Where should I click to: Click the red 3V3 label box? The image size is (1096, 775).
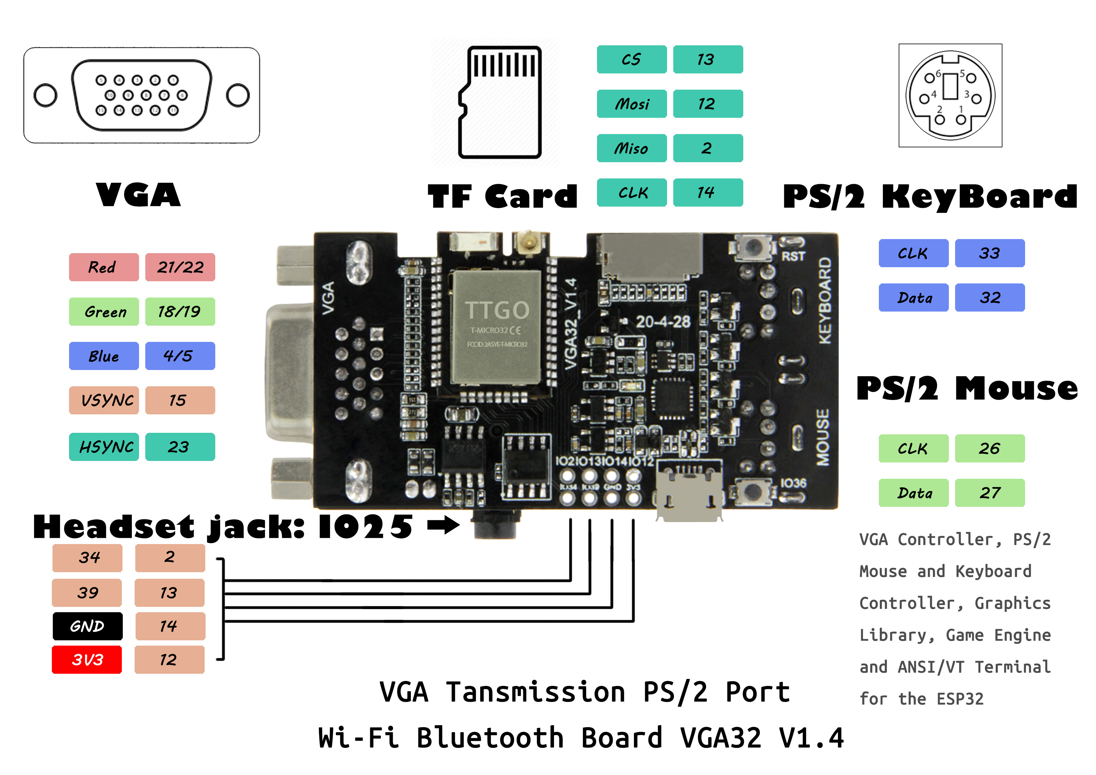(x=87, y=659)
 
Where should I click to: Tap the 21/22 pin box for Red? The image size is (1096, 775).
(x=180, y=267)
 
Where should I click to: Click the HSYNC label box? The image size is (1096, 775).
(x=104, y=447)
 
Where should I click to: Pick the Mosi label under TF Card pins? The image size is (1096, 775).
(x=631, y=104)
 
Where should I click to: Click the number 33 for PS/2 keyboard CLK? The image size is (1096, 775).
(x=989, y=253)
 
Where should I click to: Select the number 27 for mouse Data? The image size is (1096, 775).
(x=989, y=493)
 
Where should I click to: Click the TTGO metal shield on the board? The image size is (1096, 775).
(x=496, y=327)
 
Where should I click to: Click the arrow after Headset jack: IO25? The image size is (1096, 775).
(x=443, y=525)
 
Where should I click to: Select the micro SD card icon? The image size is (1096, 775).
(x=499, y=102)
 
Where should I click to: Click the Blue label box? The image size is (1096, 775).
(x=104, y=356)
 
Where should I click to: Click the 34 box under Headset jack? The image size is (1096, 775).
(x=87, y=557)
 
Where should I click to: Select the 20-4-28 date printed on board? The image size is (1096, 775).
(x=663, y=322)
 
